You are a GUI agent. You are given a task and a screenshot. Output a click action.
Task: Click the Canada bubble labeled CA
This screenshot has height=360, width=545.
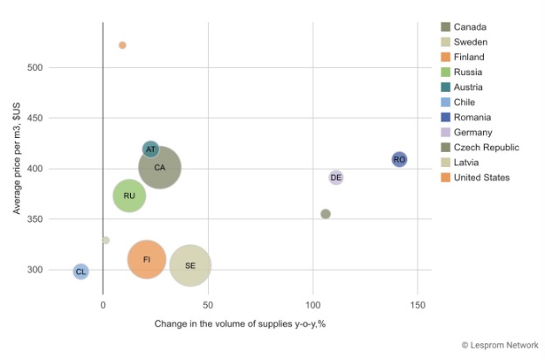(x=159, y=167)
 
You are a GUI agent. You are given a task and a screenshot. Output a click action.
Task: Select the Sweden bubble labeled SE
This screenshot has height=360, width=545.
(x=190, y=265)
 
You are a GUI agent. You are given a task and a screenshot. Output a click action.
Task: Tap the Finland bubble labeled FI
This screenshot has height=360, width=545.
(x=147, y=260)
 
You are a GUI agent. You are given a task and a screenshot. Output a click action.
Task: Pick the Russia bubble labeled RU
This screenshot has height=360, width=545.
(x=129, y=196)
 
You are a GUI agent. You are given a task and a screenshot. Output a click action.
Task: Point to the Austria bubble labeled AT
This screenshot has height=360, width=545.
(x=151, y=149)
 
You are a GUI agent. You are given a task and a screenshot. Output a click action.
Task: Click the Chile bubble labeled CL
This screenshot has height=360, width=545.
(x=80, y=272)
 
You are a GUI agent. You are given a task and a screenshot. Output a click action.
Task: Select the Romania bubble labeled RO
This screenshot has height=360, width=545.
(x=399, y=159)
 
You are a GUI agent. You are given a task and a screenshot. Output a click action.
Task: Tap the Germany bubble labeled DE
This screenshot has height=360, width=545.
(x=335, y=177)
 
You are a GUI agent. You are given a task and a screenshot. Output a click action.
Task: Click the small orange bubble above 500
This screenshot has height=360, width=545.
(x=122, y=45)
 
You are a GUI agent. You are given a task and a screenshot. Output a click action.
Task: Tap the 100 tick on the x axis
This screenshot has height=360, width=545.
(x=313, y=305)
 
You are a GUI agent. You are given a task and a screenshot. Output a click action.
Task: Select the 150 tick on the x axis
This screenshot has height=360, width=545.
(x=417, y=305)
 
